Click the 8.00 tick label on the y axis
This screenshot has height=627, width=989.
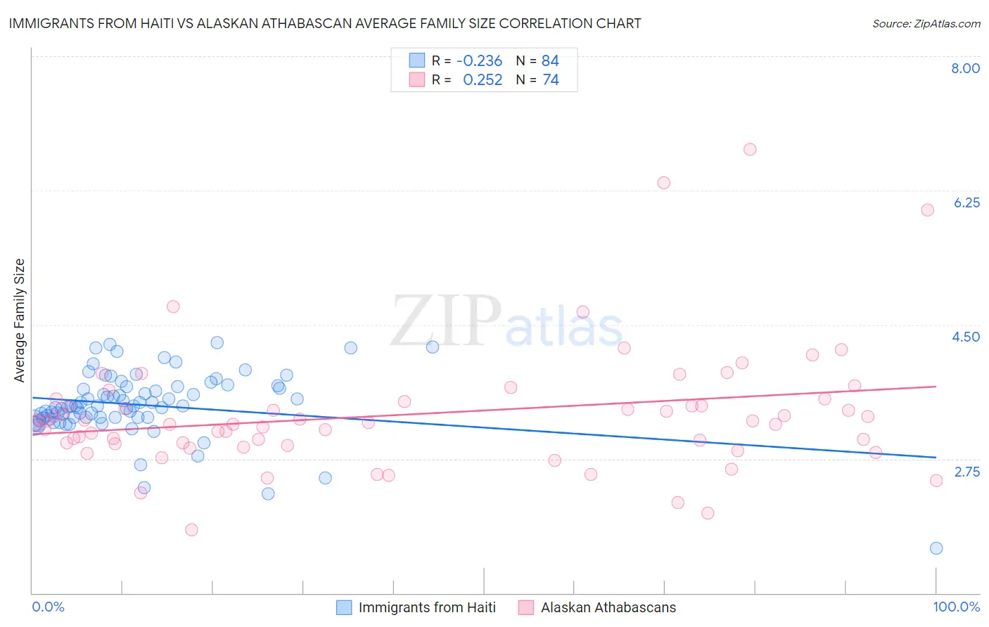[x=965, y=68]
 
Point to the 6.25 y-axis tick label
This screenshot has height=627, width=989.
[x=966, y=202]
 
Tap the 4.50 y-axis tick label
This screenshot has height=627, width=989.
[x=966, y=337]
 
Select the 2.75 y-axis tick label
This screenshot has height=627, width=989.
[x=966, y=472]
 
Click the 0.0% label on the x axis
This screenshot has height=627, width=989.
[x=48, y=607]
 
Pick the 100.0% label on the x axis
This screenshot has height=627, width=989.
[x=956, y=607]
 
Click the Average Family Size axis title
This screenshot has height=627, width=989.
[x=20, y=321]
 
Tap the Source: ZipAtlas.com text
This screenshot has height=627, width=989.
[x=926, y=24]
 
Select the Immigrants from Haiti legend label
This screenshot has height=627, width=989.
[x=427, y=607]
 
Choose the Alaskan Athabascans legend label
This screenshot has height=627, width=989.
[x=608, y=607]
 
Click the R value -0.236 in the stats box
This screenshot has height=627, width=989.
[x=479, y=61]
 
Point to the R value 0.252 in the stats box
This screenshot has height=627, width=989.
[x=483, y=80]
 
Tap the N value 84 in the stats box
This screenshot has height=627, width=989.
[x=550, y=61]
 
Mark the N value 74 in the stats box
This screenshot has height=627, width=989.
[x=551, y=80]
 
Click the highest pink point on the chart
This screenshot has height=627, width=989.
[x=750, y=149]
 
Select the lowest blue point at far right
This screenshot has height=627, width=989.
[x=936, y=548]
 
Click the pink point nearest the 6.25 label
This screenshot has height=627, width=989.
[x=927, y=209]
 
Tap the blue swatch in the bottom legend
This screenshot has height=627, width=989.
[x=344, y=607]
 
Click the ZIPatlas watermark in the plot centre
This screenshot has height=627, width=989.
[x=506, y=322]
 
